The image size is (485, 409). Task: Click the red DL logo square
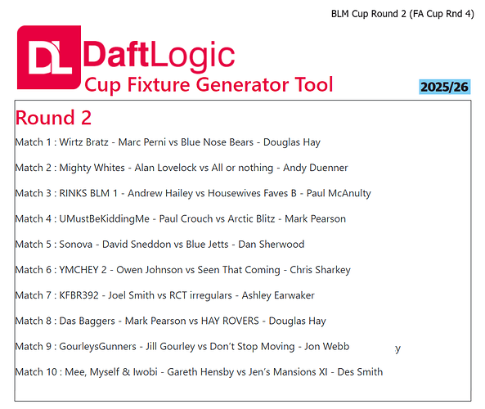[x=49, y=57]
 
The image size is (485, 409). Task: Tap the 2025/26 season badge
[x=444, y=87]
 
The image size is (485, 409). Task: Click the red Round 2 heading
[x=53, y=117]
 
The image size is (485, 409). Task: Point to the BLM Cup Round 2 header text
[x=402, y=13]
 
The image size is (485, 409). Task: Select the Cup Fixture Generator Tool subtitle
[x=209, y=84]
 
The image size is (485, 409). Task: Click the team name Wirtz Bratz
[x=85, y=142]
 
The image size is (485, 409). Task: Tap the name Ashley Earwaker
[x=279, y=295]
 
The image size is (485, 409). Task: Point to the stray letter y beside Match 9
[x=398, y=348]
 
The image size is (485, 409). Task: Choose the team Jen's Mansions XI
[x=288, y=372]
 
